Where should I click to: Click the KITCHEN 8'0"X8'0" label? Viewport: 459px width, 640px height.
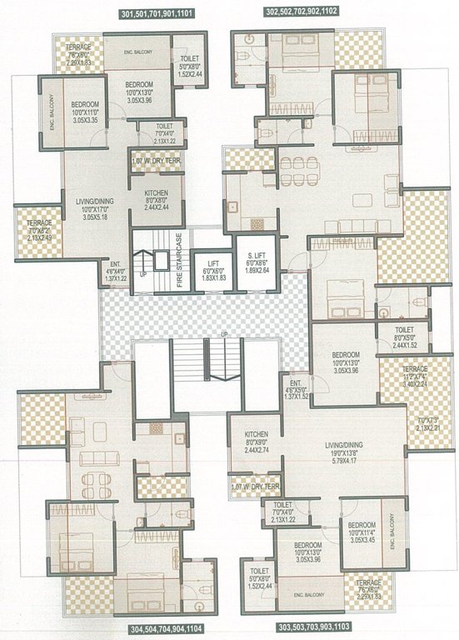tap(156, 200)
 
